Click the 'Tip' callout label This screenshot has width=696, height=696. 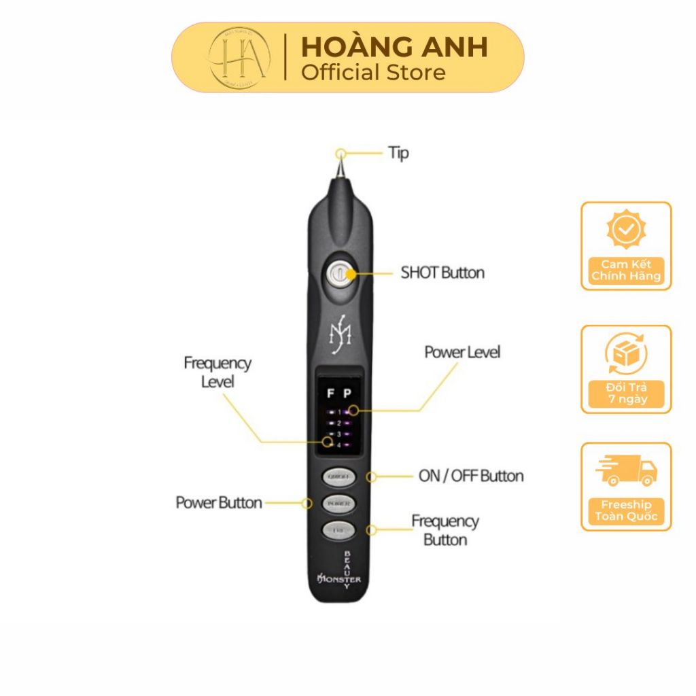pos(398,154)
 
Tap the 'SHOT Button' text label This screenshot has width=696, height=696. pos(442,273)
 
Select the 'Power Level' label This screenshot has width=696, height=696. pos(462,352)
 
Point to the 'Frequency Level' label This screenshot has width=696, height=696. pos(217,372)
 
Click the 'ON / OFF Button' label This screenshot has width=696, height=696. pos(471,476)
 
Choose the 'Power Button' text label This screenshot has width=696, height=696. pos(218,503)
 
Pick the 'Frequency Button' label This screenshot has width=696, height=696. pos(445,530)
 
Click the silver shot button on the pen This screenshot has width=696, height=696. pos(338,274)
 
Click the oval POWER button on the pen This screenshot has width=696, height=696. pos(338,504)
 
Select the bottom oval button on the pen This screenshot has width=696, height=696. pos(338,529)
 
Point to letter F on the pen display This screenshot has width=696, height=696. pos(330,393)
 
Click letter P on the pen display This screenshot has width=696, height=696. pos(347,393)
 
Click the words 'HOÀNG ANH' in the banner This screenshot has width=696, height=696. pos(394,47)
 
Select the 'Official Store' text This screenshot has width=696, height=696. pos(373,72)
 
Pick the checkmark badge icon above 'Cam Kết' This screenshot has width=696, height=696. pos(626,229)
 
